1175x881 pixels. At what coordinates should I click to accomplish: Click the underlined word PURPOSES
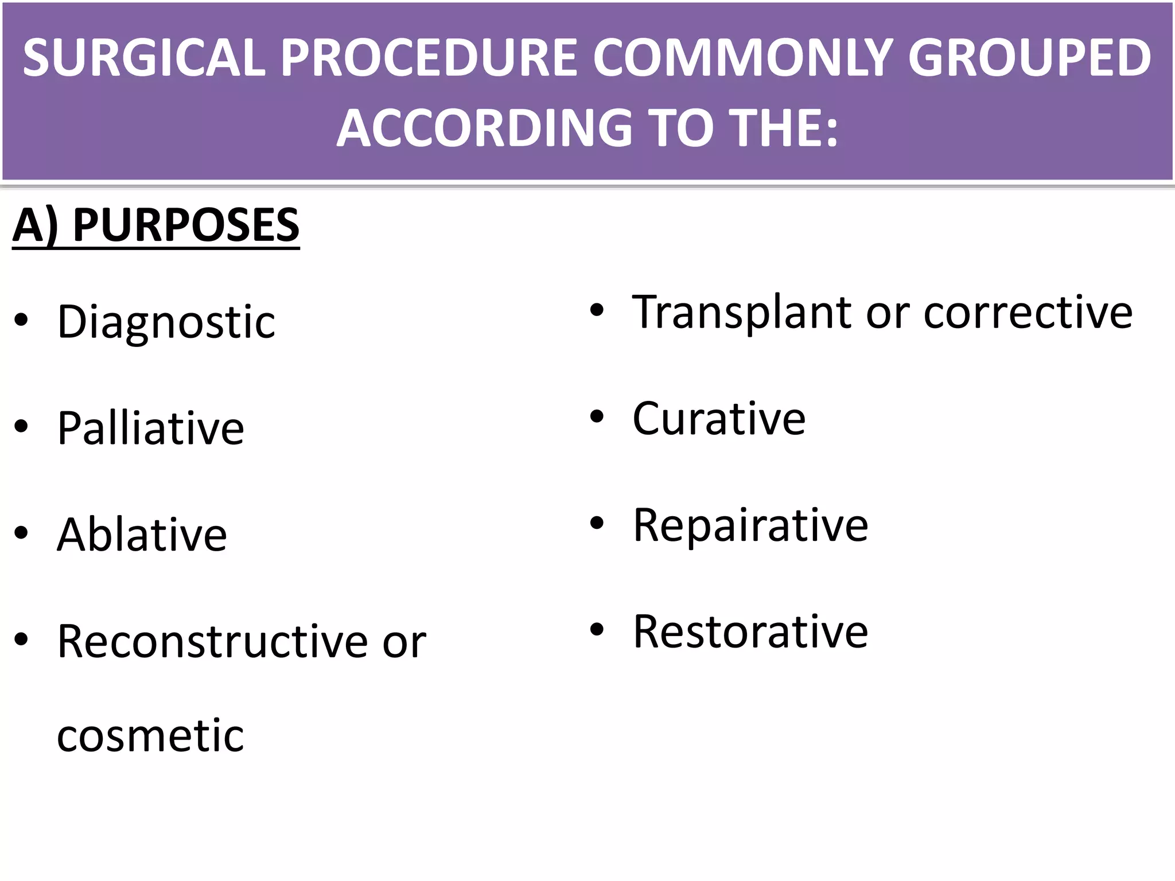click(x=186, y=225)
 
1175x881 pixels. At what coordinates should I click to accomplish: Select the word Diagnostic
click(x=166, y=322)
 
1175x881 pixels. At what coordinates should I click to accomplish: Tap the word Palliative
click(x=151, y=428)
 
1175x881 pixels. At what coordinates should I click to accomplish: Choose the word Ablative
click(x=142, y=535)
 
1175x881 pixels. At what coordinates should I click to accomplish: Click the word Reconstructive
click(x=213, y=641)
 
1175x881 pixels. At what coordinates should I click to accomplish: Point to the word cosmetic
click(x=150, y=735)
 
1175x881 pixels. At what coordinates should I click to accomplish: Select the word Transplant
click(x=742, y=313)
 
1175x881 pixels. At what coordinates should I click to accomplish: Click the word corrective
click(x=1028, y=313)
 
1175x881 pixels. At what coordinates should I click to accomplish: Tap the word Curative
click(x=719, y=419)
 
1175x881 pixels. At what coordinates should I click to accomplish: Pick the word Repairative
click(x=750, y=525)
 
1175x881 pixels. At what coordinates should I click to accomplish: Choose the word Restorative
click(x=750, y=631)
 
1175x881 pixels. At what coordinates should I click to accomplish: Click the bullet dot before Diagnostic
click(x=22, y=320)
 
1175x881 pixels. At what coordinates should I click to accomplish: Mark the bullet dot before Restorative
click(x=597, y=629)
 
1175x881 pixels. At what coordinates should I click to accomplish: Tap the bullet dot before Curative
click(x=597, y=416)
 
